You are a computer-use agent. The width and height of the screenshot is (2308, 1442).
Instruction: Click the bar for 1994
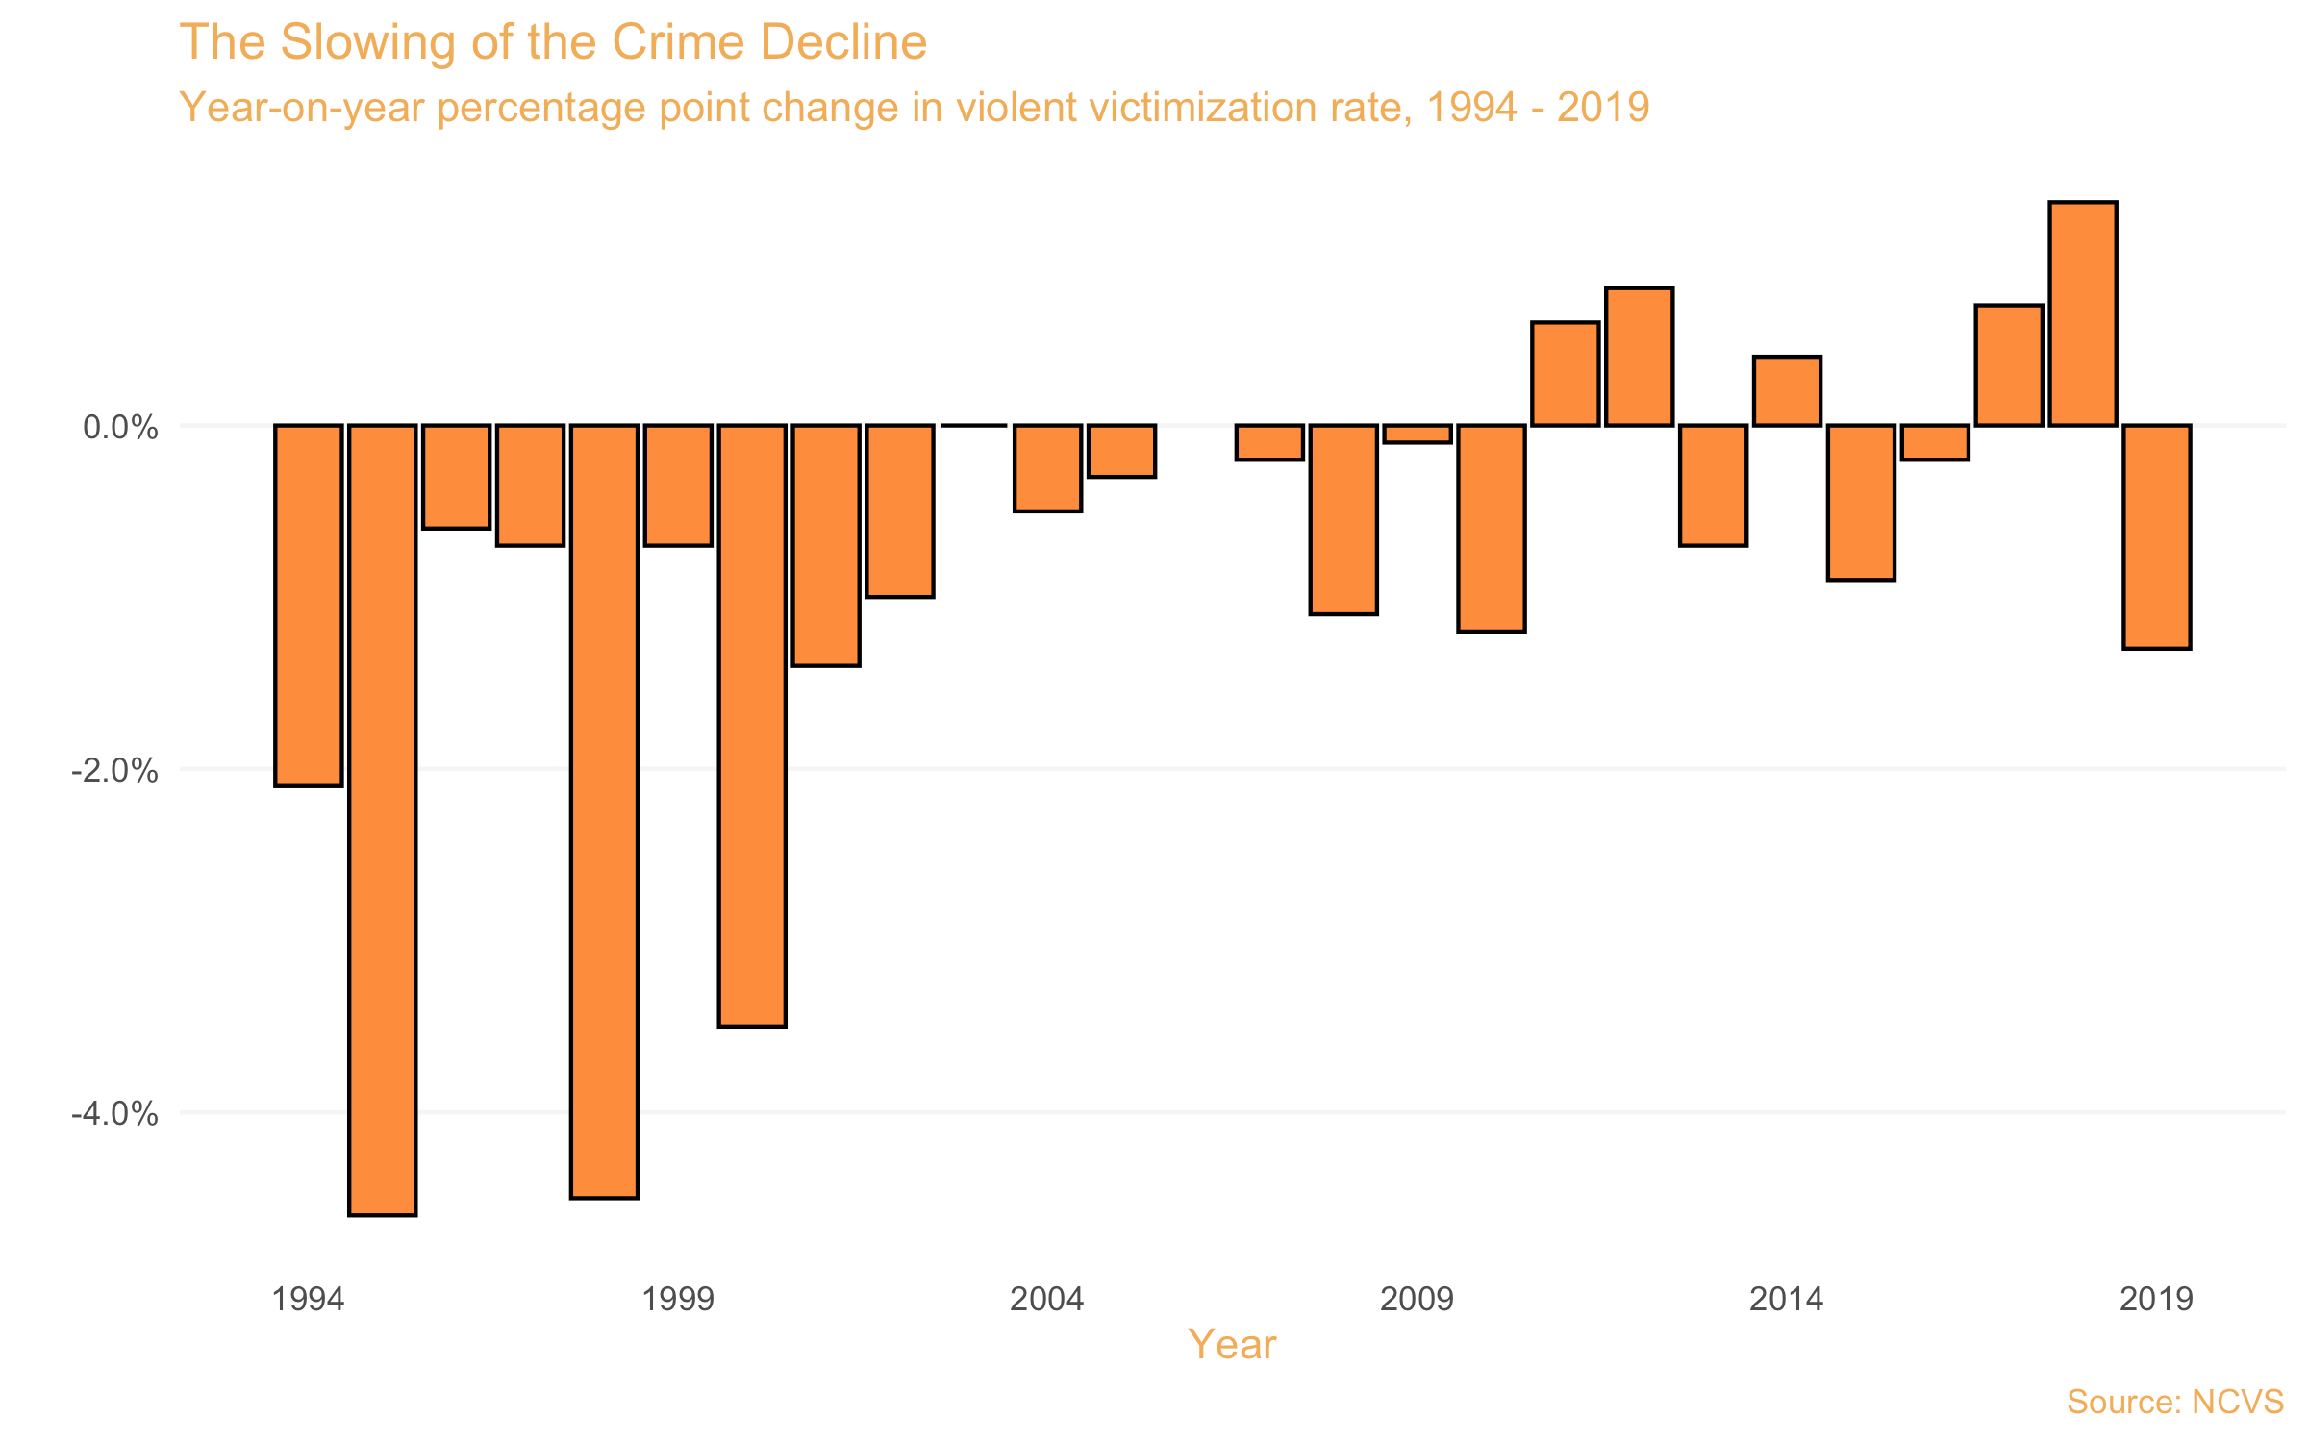(308, 606)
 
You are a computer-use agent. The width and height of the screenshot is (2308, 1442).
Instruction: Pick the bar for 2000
(752, 726)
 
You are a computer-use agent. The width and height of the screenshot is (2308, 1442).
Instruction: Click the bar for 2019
(2157, 536)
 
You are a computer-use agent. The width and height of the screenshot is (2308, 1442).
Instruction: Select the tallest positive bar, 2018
(2083, 313)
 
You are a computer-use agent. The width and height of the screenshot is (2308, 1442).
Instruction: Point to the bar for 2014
(1787, 390)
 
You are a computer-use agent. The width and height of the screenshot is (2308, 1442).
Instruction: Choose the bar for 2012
(1640, 357)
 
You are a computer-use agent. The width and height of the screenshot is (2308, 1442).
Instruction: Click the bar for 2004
(1048, 468)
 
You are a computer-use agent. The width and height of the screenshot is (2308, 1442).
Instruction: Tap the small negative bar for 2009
(1417, 434)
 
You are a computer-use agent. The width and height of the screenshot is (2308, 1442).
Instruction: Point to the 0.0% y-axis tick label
(120, 427)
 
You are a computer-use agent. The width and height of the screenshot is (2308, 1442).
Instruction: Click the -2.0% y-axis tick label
(114, 770)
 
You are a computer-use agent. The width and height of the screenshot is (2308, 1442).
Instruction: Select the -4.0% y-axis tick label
(114, 1113)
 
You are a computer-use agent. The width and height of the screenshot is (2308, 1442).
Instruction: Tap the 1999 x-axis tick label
(678, 1300)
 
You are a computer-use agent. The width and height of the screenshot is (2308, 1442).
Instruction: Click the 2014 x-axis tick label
(1787, 1300)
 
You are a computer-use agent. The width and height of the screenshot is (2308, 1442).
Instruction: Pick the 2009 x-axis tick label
(1417, 1300)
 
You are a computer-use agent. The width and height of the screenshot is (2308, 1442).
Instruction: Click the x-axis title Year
(1232, 1344)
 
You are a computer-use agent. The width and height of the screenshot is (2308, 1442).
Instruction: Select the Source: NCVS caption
(2175, 1402)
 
